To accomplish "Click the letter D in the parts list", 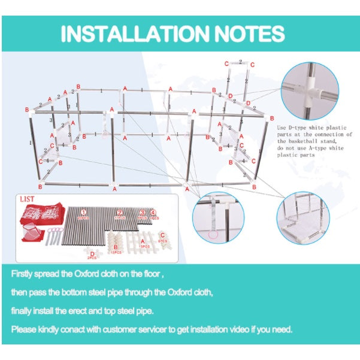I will point(92,254).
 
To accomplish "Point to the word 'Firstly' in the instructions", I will point(25,273).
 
